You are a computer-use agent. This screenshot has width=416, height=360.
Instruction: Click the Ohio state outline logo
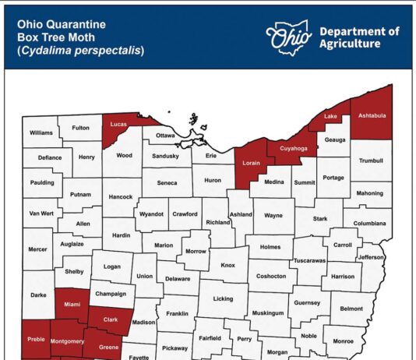(x=287, y=35)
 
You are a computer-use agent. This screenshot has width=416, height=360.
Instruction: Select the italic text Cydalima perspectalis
(x=82, y=51)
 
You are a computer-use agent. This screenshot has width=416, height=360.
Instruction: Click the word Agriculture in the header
(x=351, y=44)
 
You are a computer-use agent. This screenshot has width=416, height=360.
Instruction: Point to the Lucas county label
(x=119, y=125)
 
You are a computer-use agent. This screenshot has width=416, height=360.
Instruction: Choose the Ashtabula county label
(x=372, y=115)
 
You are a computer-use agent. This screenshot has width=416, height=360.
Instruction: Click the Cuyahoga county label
(x=294, y=147)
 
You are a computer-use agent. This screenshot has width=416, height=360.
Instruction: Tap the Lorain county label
(x=251, y=164)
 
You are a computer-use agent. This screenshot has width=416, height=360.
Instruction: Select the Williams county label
(x=41, y=133)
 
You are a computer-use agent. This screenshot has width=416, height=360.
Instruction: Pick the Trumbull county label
(x=372, y=161)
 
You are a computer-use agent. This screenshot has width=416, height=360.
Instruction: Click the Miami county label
(x=72, y=304)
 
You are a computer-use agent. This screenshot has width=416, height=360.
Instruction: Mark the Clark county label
(x=111, y=319)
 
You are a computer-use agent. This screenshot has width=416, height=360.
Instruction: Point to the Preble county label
(x=36, y=339)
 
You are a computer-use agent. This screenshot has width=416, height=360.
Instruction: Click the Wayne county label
(x=273, y=214)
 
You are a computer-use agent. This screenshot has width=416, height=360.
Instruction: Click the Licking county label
(x=223, y=298)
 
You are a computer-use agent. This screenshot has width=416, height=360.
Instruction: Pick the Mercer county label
(x=37, y=250)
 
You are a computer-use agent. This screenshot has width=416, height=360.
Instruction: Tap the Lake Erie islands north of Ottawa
(x=192, y=121)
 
